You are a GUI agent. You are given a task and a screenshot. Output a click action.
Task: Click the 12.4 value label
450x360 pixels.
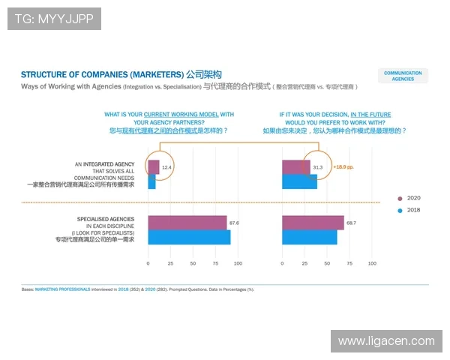[166, 166]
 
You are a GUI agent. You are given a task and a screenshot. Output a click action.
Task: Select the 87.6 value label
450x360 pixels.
[234, 223]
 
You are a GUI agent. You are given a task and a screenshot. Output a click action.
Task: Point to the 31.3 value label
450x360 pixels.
[317, 166]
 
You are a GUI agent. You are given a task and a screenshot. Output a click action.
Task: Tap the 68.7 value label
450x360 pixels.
[351, 223]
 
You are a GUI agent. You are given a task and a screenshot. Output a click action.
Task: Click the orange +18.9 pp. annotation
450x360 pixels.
[343, 166]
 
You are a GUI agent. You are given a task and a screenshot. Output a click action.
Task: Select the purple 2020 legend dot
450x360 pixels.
[400, 199]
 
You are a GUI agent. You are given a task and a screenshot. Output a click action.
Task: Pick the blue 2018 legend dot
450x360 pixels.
[400, 211]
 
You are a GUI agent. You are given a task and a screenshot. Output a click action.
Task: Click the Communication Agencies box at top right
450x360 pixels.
[403, 76]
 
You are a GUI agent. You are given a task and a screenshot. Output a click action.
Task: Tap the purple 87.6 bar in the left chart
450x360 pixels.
[187, 223]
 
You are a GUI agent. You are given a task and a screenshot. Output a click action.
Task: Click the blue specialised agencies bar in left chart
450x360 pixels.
[189, 237]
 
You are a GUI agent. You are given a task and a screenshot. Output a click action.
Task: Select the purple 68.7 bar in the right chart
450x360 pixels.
[312, 223]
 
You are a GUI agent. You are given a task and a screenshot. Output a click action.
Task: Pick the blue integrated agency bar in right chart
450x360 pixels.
[298, 181]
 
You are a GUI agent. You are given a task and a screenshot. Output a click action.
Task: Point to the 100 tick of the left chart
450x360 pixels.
[238, 264]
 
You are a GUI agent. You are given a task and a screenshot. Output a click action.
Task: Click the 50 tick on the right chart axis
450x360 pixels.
[327, 264]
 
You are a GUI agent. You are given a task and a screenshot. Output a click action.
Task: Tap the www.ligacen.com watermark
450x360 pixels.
[385, 341]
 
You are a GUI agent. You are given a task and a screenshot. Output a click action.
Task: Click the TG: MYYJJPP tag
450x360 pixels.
[54, 18]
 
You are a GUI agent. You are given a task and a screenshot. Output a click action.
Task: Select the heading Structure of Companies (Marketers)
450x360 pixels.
[102, 75]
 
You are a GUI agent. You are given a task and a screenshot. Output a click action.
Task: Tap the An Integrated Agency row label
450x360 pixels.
[105, 163]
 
